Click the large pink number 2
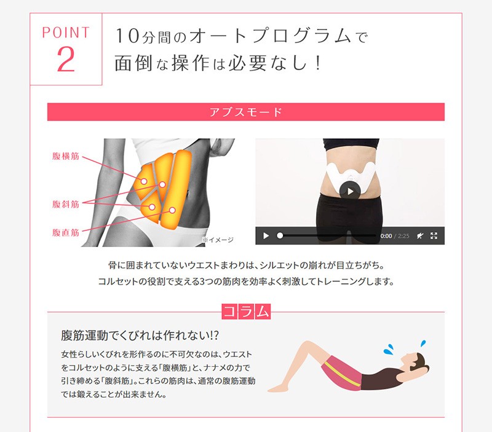click(x=66, y=59)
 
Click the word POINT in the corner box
click(x=66, y=33)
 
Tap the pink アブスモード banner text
click(x=245, y=112)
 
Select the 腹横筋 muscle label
click(x=66, y=156)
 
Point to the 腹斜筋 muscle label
click(x=66, y=204)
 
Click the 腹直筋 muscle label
click(x=66, y=232)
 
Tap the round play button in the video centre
click(x=350, y=191)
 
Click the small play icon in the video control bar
click(x=266, y=236)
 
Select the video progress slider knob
click(x=280, y=235)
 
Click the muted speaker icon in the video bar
click(x=420, y=236)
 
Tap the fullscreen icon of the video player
click(x=434, y=236)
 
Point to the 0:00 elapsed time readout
click(x=386, y=236)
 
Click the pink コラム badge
click(x=246, y=312)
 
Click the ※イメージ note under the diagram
click(x=218, y=240)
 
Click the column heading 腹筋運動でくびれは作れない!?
click(x=140, y=335)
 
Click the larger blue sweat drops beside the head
click(x=389, y=349)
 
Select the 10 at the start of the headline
click(x=127, y=36)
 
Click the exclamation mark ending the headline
click(x=318, y=63)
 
